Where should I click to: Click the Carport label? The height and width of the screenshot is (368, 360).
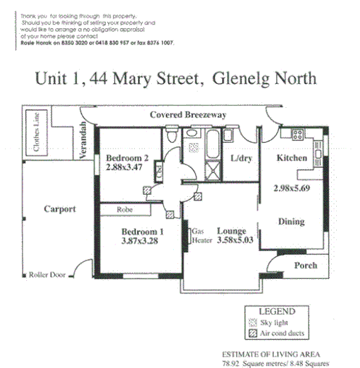pos(60,209)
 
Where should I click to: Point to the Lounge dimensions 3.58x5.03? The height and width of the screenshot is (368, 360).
pos(234,240)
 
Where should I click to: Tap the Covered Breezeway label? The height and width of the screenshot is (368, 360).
pos(188,115)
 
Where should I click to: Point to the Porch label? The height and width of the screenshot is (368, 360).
pos(305,265)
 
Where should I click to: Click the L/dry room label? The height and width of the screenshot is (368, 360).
pos(241,158)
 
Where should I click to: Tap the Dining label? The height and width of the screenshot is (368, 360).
pos(292,221)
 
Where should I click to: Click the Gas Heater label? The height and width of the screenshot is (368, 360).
pos(201,236)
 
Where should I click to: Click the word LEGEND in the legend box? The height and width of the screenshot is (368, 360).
pos(276,311)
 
